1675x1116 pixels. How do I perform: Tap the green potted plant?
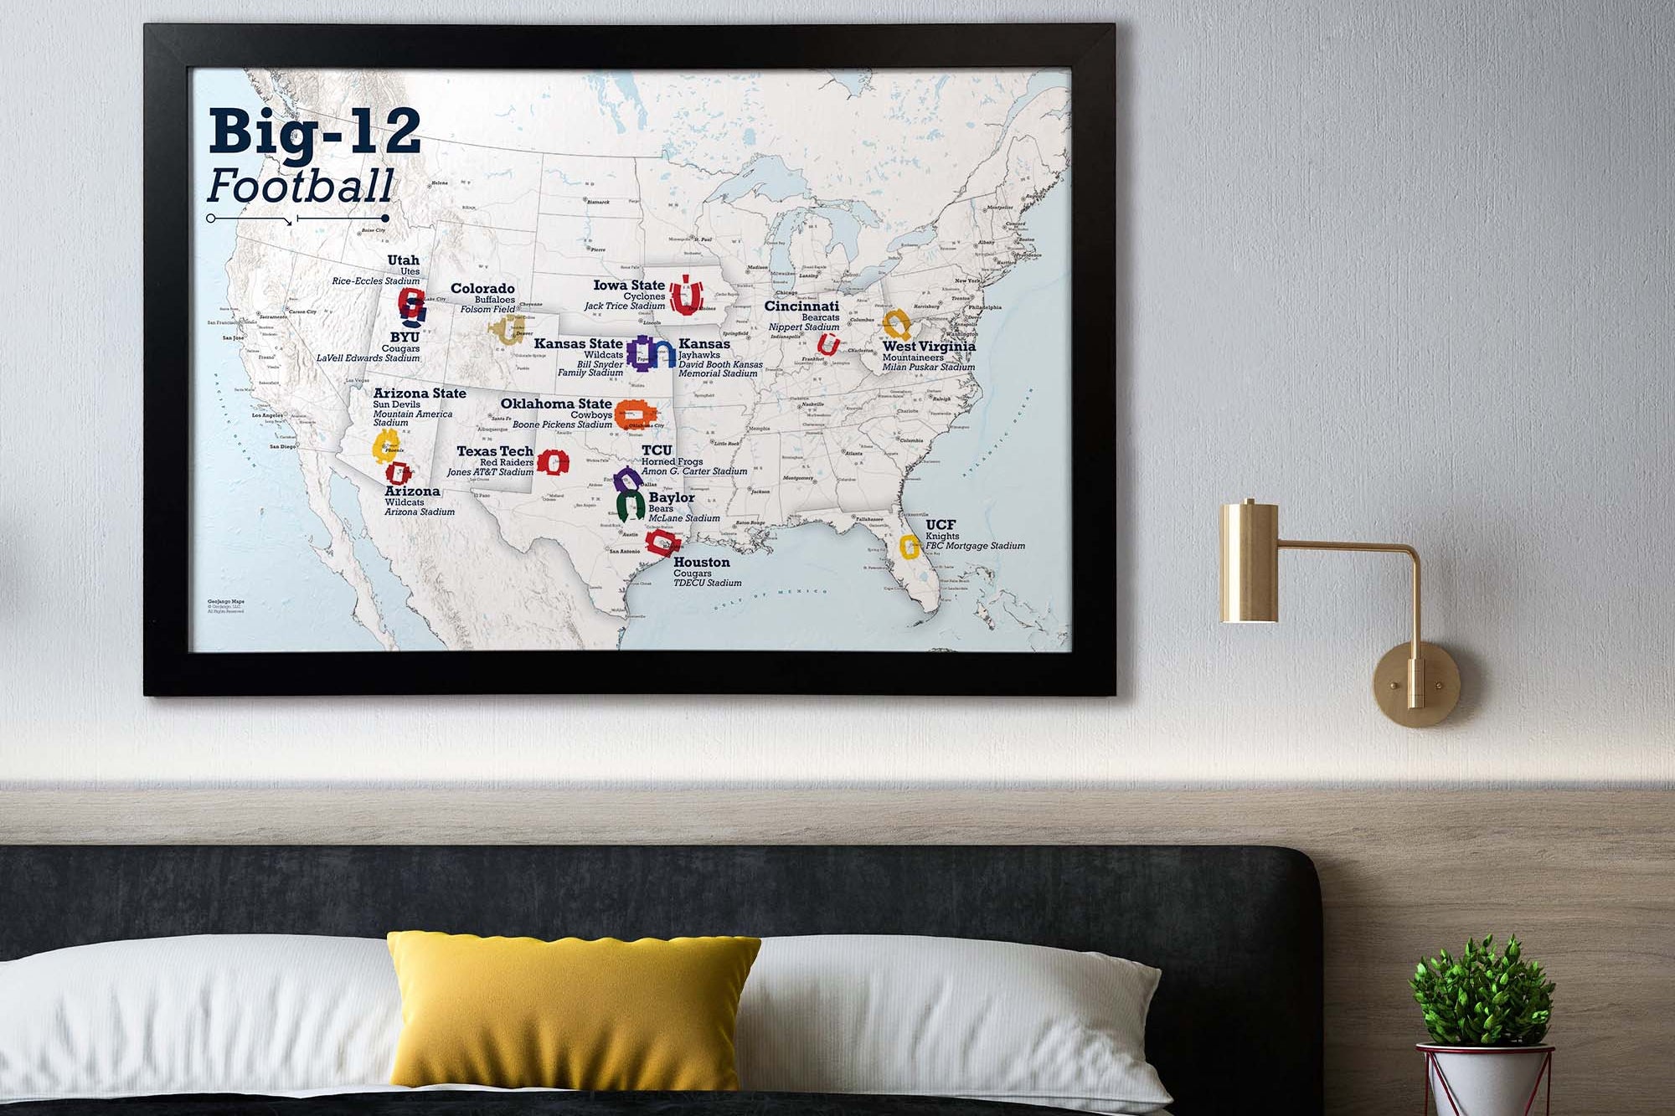pos(1482,992)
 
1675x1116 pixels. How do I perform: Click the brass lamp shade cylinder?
pos(1249,562)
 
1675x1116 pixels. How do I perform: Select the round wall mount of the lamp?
pos(1415,684)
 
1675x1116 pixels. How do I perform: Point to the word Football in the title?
pos(300,186)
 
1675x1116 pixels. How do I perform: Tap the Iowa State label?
pos(629,285)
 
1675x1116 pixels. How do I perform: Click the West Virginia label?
pos(929,346)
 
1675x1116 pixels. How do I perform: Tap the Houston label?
pos(702,563)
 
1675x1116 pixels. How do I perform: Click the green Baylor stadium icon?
pos(630,506)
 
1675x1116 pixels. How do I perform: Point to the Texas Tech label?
pos(495,451)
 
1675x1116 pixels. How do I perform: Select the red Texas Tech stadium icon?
pos(553,461)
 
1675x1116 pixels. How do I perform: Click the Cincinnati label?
pos(801,306)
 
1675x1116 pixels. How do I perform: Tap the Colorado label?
pos(482,289)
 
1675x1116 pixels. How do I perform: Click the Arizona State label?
pos(420,393)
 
